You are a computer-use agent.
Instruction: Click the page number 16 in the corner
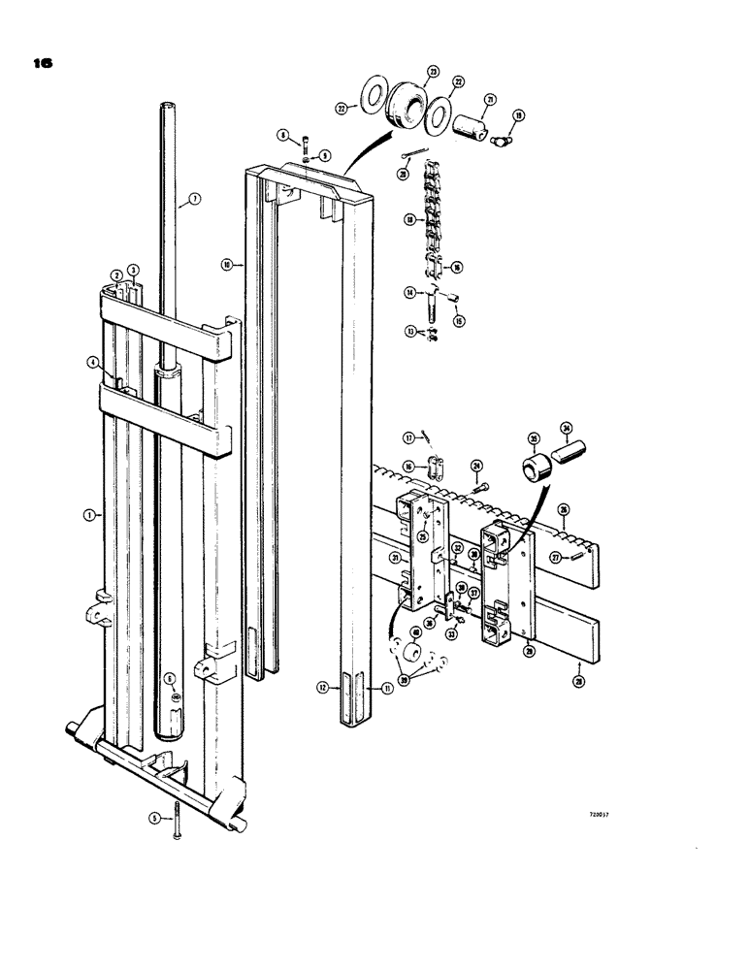[x=40, y=64]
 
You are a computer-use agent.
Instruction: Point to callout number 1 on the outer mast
[x=89, y=515]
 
